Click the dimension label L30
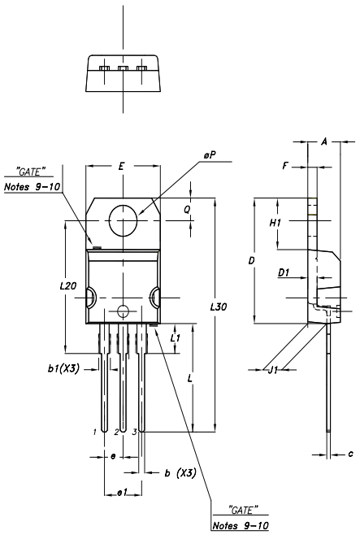click(219, 307)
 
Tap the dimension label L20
click(68, 286)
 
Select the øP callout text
click(210, 155)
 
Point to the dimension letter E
click(121, 167)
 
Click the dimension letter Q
click(187, 210)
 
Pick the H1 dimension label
click(275, 223)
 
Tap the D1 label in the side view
click(284, 272)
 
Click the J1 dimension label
click(273, 370)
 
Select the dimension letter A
click(324, 141)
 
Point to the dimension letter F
click(286, 166)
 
